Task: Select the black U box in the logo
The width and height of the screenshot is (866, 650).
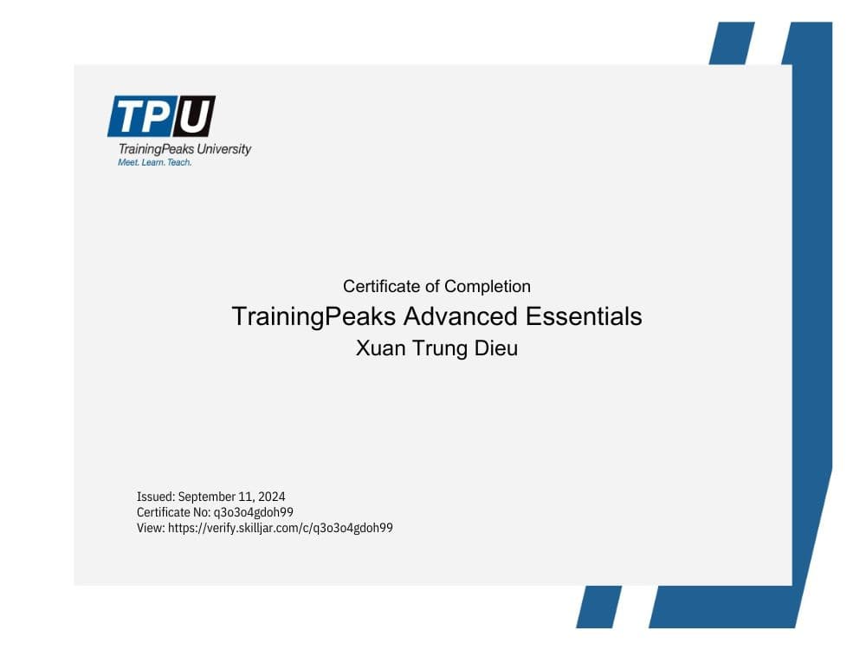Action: coord(192,117)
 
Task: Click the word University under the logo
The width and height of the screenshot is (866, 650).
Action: coord(223,149)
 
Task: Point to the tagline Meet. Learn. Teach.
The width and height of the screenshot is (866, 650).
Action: coord(154,162)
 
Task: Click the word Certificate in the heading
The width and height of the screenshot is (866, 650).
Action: coord(381,286)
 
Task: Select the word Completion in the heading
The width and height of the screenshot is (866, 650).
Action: coord(488,286)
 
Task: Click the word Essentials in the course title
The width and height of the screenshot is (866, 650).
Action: coord(585,316)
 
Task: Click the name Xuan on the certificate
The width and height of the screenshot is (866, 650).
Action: coord(379,349)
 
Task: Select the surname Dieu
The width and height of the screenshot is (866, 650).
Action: coord(494,349)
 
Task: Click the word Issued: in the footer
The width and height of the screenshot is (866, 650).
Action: coord(156,497)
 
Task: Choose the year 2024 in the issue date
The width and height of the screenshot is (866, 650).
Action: coord(271,497)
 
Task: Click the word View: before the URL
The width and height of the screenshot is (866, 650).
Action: coord(151,528)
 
